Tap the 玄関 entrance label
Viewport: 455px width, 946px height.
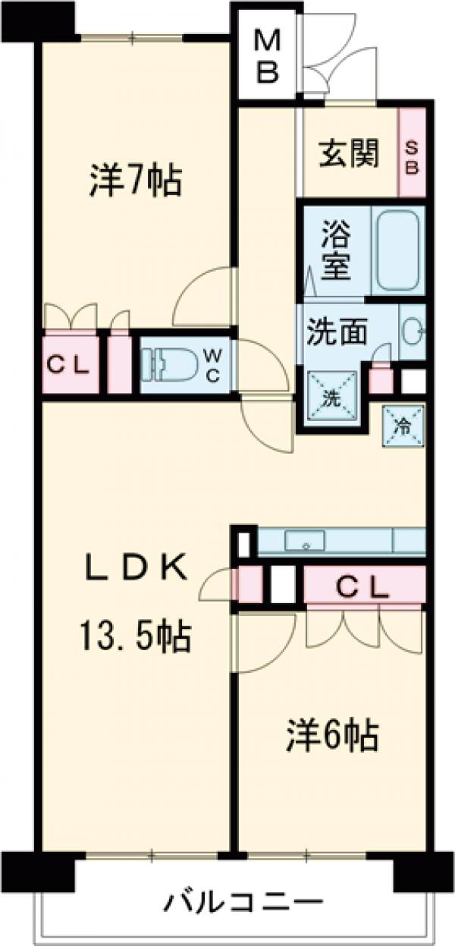coord(348,154)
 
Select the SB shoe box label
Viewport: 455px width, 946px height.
coord(413,158)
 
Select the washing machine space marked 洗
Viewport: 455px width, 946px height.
coord(334,398)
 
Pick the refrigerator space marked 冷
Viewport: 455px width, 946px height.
coord(403,426)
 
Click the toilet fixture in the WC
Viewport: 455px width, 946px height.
coord(170,363)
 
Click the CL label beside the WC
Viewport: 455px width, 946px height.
coord(68,366)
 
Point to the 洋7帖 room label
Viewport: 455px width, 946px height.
coord(135,181)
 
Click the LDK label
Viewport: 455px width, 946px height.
coord(136,568)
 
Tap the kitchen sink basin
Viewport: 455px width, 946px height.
coord(305,541)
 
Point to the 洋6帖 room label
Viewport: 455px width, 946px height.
coord(331,735)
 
